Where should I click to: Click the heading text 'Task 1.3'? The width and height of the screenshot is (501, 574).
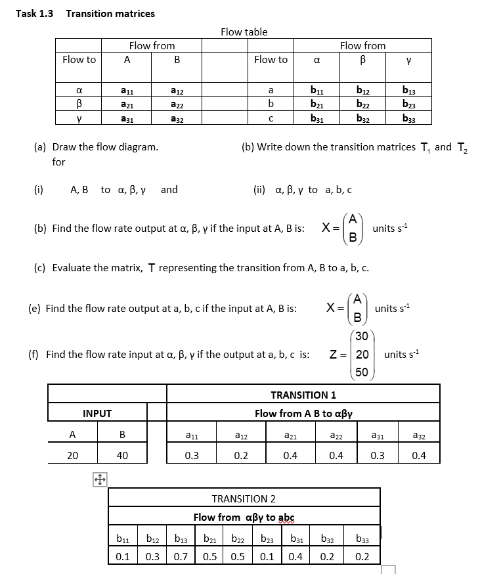click(x=34, y=13)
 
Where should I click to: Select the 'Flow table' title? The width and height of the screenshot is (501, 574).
click(x=244, y=32)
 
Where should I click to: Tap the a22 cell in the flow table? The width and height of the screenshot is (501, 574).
click(x=177, y=104)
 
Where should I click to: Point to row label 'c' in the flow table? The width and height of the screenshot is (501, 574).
click(x=271, y=118)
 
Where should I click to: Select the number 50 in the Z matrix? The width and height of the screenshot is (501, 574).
click(x=361, y=372)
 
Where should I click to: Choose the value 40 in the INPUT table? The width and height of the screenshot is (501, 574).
click(x=122, y=455)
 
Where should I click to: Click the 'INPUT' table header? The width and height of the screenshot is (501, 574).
click(x=97, y=413)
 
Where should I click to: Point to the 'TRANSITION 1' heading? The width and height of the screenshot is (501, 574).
click(x=303, y=395)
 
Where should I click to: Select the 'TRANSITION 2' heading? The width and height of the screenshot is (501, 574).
click(x=244, y=498)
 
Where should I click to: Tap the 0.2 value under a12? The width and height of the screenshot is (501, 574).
click(x=241, y=455)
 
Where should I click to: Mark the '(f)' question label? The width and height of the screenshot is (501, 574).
click(x=33, y=354)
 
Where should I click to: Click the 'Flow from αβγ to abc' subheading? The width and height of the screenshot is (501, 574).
click(x=244, y=517)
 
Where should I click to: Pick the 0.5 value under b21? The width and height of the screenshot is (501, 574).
click(x=210, y=556)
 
